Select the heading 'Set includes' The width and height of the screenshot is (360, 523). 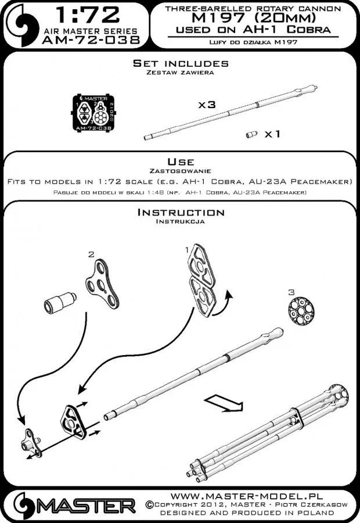point(180,63)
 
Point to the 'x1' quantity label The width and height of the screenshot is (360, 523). point(273,134)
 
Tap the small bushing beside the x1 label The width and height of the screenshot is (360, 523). point(251,135)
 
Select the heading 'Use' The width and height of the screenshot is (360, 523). point(180,161)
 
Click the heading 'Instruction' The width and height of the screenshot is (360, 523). point(180,213)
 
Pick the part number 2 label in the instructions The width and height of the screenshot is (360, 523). point(90,255)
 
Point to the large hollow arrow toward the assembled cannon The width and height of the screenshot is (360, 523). point(223,402)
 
